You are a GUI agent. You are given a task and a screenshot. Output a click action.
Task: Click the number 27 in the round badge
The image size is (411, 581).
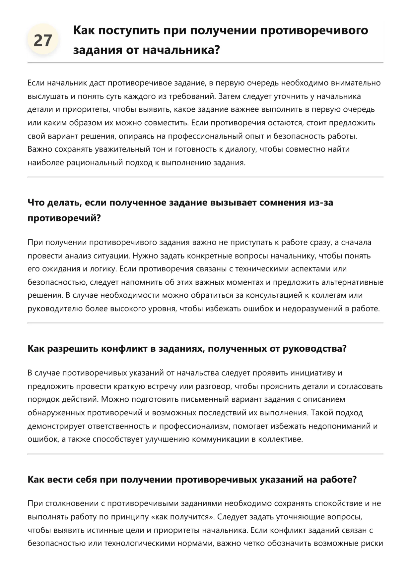43,40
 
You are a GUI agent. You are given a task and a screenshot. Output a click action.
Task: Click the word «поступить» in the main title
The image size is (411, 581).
127,30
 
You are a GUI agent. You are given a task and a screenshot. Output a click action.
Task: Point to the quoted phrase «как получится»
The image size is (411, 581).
186,517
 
